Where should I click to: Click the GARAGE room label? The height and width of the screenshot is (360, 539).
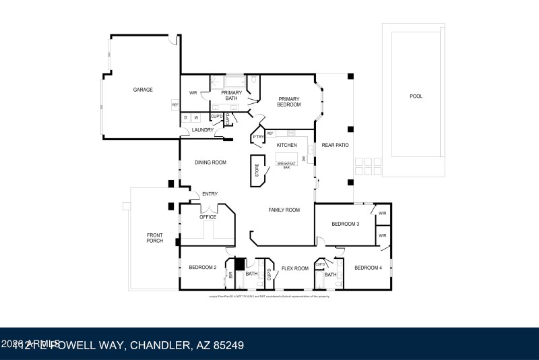[x=143, y=90]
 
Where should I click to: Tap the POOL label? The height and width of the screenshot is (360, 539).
[x=416, y=96]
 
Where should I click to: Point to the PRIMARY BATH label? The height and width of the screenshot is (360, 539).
[x=231, y=96]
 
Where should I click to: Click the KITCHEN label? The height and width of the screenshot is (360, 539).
[x=287, y=145]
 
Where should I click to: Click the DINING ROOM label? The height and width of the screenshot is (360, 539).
[x=210, y=162]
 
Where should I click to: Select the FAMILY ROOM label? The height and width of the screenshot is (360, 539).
[x=284, y=210]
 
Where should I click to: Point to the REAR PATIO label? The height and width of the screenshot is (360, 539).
[x=335, y=145]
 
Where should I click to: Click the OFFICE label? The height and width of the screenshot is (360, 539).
[x=208, y=217]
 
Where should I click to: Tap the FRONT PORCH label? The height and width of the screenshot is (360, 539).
[x=155, y=238]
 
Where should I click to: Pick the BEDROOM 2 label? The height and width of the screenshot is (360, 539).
[x=202, y=268]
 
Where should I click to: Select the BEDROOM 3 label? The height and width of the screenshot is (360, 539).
[x=345, y=224]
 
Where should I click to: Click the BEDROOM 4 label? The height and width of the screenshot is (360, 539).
[x=368, y=268]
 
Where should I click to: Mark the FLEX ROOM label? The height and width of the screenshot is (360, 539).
[x=294, y=268]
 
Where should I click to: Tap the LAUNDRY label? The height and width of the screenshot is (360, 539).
[x=202, y=130]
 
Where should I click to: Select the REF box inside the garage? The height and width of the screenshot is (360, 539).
[x=175, y=104]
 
